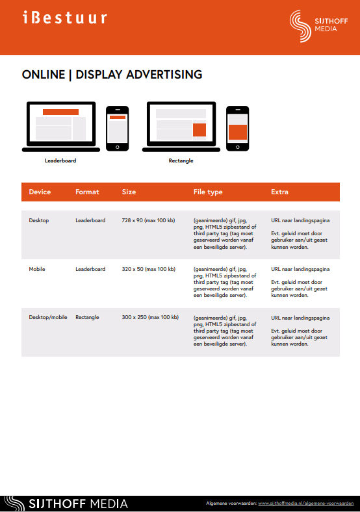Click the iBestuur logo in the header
65,18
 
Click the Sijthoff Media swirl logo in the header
300,26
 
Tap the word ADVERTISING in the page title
164,75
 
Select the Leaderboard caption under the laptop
60,160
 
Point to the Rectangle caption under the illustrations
181,160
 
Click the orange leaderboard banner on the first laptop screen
61,112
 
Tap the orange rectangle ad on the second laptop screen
199,130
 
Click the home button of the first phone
117,147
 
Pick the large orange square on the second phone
237,133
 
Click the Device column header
40,192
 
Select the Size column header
129,192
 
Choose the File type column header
208,192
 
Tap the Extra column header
279,192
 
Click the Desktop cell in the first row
39,220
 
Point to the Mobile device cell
37,269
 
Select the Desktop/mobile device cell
48,317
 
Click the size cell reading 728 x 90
148,220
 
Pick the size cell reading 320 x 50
149,269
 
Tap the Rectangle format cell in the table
87,317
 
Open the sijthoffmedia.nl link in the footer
306,503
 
